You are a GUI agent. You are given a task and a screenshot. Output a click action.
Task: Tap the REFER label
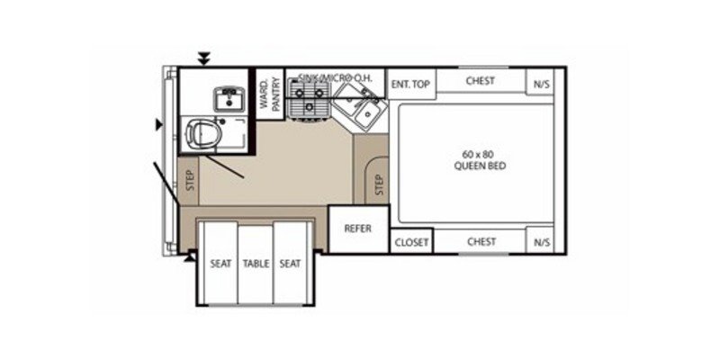[357, 229]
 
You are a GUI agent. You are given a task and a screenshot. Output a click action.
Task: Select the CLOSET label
[411, 242]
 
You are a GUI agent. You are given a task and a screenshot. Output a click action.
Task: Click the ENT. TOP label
[411, 84]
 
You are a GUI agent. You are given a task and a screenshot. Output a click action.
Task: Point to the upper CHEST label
[481, 81]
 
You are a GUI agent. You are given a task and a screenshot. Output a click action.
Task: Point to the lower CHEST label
[481, 241]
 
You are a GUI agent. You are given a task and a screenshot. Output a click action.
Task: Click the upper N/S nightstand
[541, 84]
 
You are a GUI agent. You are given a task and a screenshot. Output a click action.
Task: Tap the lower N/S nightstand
[541, 242]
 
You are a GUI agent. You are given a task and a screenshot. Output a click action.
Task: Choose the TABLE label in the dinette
[256, 264]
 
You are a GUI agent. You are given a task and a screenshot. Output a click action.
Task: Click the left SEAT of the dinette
[220, 264]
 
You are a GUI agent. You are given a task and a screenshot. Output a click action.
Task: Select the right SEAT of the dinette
[289, 264]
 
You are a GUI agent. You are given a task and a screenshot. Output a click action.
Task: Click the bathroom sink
[224, 95]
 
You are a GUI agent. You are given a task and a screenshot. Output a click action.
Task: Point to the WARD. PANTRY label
[271, 94]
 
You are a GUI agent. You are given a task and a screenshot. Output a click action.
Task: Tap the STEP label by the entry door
[190, 180]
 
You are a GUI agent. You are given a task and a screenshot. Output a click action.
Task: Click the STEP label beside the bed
[379, 184]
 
